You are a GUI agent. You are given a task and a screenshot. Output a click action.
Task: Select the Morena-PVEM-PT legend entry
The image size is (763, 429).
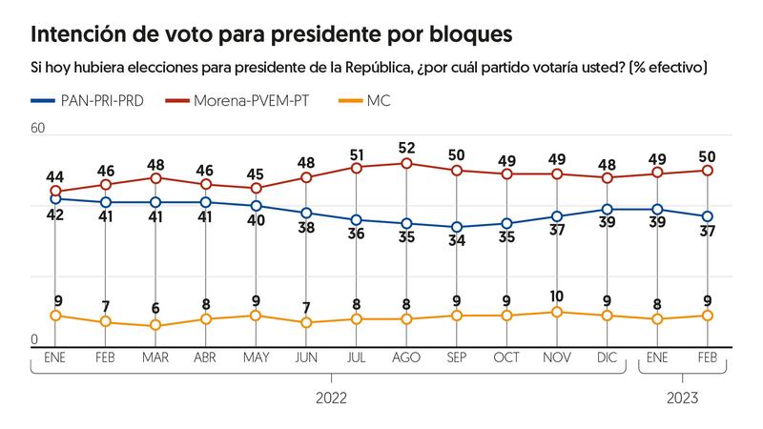click(249, 99)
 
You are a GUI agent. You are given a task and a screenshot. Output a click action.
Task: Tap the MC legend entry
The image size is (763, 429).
click(378, 99)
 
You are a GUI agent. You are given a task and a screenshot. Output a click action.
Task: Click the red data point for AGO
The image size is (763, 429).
click(406, 163)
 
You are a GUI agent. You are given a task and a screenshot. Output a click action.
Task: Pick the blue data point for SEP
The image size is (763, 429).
click(457, 227)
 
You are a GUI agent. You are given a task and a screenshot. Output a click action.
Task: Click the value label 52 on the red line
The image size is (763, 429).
click(406, 148)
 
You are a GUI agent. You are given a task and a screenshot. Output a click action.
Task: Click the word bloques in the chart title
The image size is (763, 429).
click(464, 35)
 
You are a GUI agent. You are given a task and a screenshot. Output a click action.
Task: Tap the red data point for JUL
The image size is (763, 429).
click(356, 167)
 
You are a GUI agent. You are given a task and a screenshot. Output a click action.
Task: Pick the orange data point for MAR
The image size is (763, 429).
click(155, 326)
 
